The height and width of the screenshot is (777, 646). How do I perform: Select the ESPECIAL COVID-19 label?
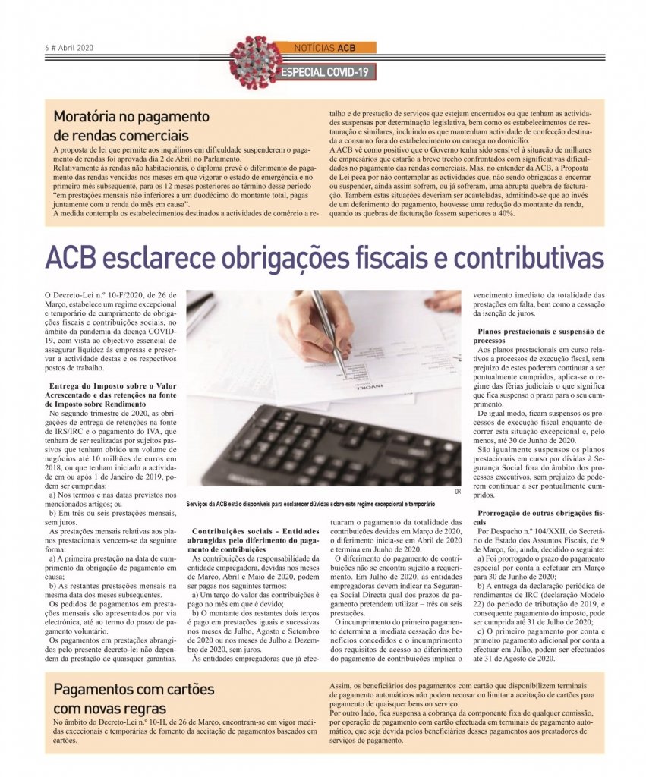pyautogui.click(x=326, y=72)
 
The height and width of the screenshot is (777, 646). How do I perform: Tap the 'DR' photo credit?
pyautogui.click(x=457, y=492)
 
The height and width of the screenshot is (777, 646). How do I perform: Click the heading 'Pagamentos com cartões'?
pyautogui.click(x=134, y=690)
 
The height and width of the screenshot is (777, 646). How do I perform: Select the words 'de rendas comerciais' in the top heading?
pyautogui.click(x=121, y=136)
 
